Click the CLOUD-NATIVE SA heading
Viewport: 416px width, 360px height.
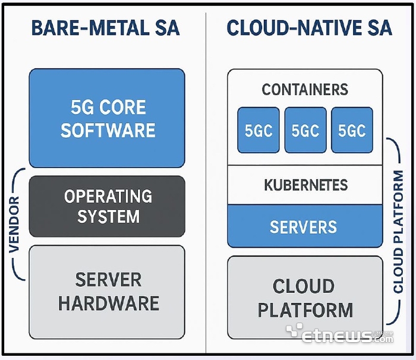pos(309,28)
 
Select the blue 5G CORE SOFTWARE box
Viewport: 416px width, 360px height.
pos(107,118)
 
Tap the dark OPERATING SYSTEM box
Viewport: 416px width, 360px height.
pos(107,206)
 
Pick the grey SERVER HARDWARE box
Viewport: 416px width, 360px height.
pos(107,291)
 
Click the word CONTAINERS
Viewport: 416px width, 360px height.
pos(305,90)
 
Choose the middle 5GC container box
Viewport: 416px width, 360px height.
pos(305,130)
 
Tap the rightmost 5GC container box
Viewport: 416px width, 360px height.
pos(352,130)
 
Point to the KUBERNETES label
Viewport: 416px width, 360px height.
pos(305,185)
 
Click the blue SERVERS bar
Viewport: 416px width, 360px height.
pos(305,226)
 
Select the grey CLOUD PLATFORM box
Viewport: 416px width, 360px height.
pos(305,298)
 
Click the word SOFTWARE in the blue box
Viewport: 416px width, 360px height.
pos(108,130)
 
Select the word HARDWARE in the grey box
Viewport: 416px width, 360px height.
pos(108,303)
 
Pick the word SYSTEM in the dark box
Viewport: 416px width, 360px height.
pos(108,216)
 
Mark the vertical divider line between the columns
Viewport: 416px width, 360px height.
pos(206,178)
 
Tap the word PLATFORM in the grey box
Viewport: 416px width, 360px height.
pos(305,310)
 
